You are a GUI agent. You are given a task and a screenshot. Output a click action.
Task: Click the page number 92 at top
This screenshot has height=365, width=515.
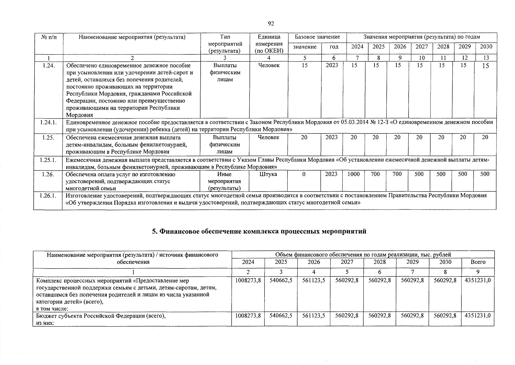click(271, 24)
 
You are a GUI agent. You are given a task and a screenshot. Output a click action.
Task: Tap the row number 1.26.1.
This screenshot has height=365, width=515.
click(48, 196)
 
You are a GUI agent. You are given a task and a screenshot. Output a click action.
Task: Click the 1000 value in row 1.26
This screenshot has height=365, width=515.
click(354, 174)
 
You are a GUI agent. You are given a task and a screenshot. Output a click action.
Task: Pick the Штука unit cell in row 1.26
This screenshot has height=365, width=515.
click(268, 174)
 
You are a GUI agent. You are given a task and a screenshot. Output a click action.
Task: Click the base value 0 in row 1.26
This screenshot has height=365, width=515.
click(304, 174)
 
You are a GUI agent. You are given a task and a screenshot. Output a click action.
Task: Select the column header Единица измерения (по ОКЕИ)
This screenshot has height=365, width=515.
click(269, 44)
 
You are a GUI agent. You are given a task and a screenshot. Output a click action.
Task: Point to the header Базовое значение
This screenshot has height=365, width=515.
click(317, 37)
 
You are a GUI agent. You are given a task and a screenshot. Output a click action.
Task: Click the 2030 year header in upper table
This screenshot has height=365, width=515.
click(486, 47)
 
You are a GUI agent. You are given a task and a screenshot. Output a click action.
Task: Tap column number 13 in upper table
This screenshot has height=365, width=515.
click(486, 57)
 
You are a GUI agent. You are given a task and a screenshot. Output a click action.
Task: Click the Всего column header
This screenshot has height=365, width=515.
click(478, 262)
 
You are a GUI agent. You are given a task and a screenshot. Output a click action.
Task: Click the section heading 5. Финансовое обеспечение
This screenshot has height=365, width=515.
click(259, 231)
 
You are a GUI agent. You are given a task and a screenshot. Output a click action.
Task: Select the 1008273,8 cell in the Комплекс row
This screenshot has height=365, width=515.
click(248, 280)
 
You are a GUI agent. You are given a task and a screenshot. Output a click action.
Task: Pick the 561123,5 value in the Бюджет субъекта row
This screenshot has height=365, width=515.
click(314, 316)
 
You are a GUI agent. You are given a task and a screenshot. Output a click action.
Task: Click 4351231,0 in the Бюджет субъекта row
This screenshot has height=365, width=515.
click(478, 316)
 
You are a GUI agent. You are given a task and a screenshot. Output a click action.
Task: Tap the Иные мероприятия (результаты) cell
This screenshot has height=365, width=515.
click(224, 181)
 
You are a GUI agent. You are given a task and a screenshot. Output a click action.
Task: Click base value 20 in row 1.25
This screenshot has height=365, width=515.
click(304, 137)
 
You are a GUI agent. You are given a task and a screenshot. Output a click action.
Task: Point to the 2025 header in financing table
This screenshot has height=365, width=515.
click(281, 262)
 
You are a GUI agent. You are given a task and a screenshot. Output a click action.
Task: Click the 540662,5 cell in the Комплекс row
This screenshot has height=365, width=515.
click(281, 280)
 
